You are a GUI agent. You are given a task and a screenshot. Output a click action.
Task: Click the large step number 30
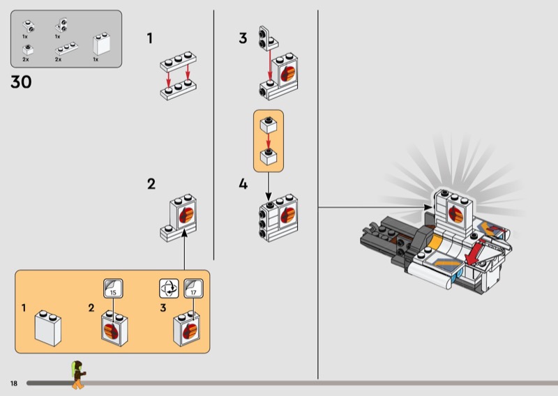coord(21,82)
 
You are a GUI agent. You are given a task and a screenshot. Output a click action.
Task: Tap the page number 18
coord(14,383)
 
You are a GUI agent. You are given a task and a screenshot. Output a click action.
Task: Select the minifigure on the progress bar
coord(78,374)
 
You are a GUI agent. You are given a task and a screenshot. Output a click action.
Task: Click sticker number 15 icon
coord(113,288)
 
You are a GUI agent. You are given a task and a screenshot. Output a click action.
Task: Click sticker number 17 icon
coord(194,288)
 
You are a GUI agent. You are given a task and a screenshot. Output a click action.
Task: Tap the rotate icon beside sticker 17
coord(169,288)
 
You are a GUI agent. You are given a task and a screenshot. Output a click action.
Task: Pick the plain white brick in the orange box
coord(47,328)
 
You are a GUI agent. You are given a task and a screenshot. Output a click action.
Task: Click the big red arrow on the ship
coord(476,252)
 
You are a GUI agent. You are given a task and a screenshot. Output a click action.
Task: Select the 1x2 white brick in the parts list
coord(101,44)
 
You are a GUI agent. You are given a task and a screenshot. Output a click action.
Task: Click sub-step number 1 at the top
coord(150,38)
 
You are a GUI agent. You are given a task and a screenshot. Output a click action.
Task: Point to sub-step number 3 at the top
coord(243,38)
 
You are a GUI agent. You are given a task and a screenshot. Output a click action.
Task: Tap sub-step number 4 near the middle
coord(243,184)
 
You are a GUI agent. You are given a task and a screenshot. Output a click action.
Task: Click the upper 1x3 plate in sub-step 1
coord(179,61)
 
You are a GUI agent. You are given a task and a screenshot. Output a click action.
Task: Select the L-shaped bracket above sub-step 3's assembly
coord(269,38)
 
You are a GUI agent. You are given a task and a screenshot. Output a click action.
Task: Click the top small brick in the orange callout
coord(269,125)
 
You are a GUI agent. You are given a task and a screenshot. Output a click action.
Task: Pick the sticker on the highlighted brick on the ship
coord(455,214)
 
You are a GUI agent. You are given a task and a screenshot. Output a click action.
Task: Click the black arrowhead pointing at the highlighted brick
coord(428,207)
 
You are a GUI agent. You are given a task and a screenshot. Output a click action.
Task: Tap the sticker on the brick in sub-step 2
coord(186,215)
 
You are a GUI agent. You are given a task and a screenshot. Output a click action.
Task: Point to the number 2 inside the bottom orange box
coord(91,307)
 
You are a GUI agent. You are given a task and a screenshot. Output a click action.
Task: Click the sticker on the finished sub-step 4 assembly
coord(288,215)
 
